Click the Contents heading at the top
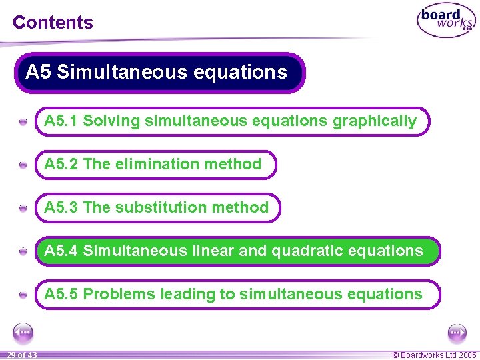53,22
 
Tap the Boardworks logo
446,21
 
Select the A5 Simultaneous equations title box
159,72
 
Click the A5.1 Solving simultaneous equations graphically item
231,121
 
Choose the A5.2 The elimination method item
154,165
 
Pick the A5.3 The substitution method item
157,208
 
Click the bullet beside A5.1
23,123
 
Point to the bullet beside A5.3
23,209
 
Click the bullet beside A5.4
23,252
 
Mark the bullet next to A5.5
23,295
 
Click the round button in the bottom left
23,331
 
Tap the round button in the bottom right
457,331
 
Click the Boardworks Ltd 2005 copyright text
435,355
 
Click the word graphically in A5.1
375,121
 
